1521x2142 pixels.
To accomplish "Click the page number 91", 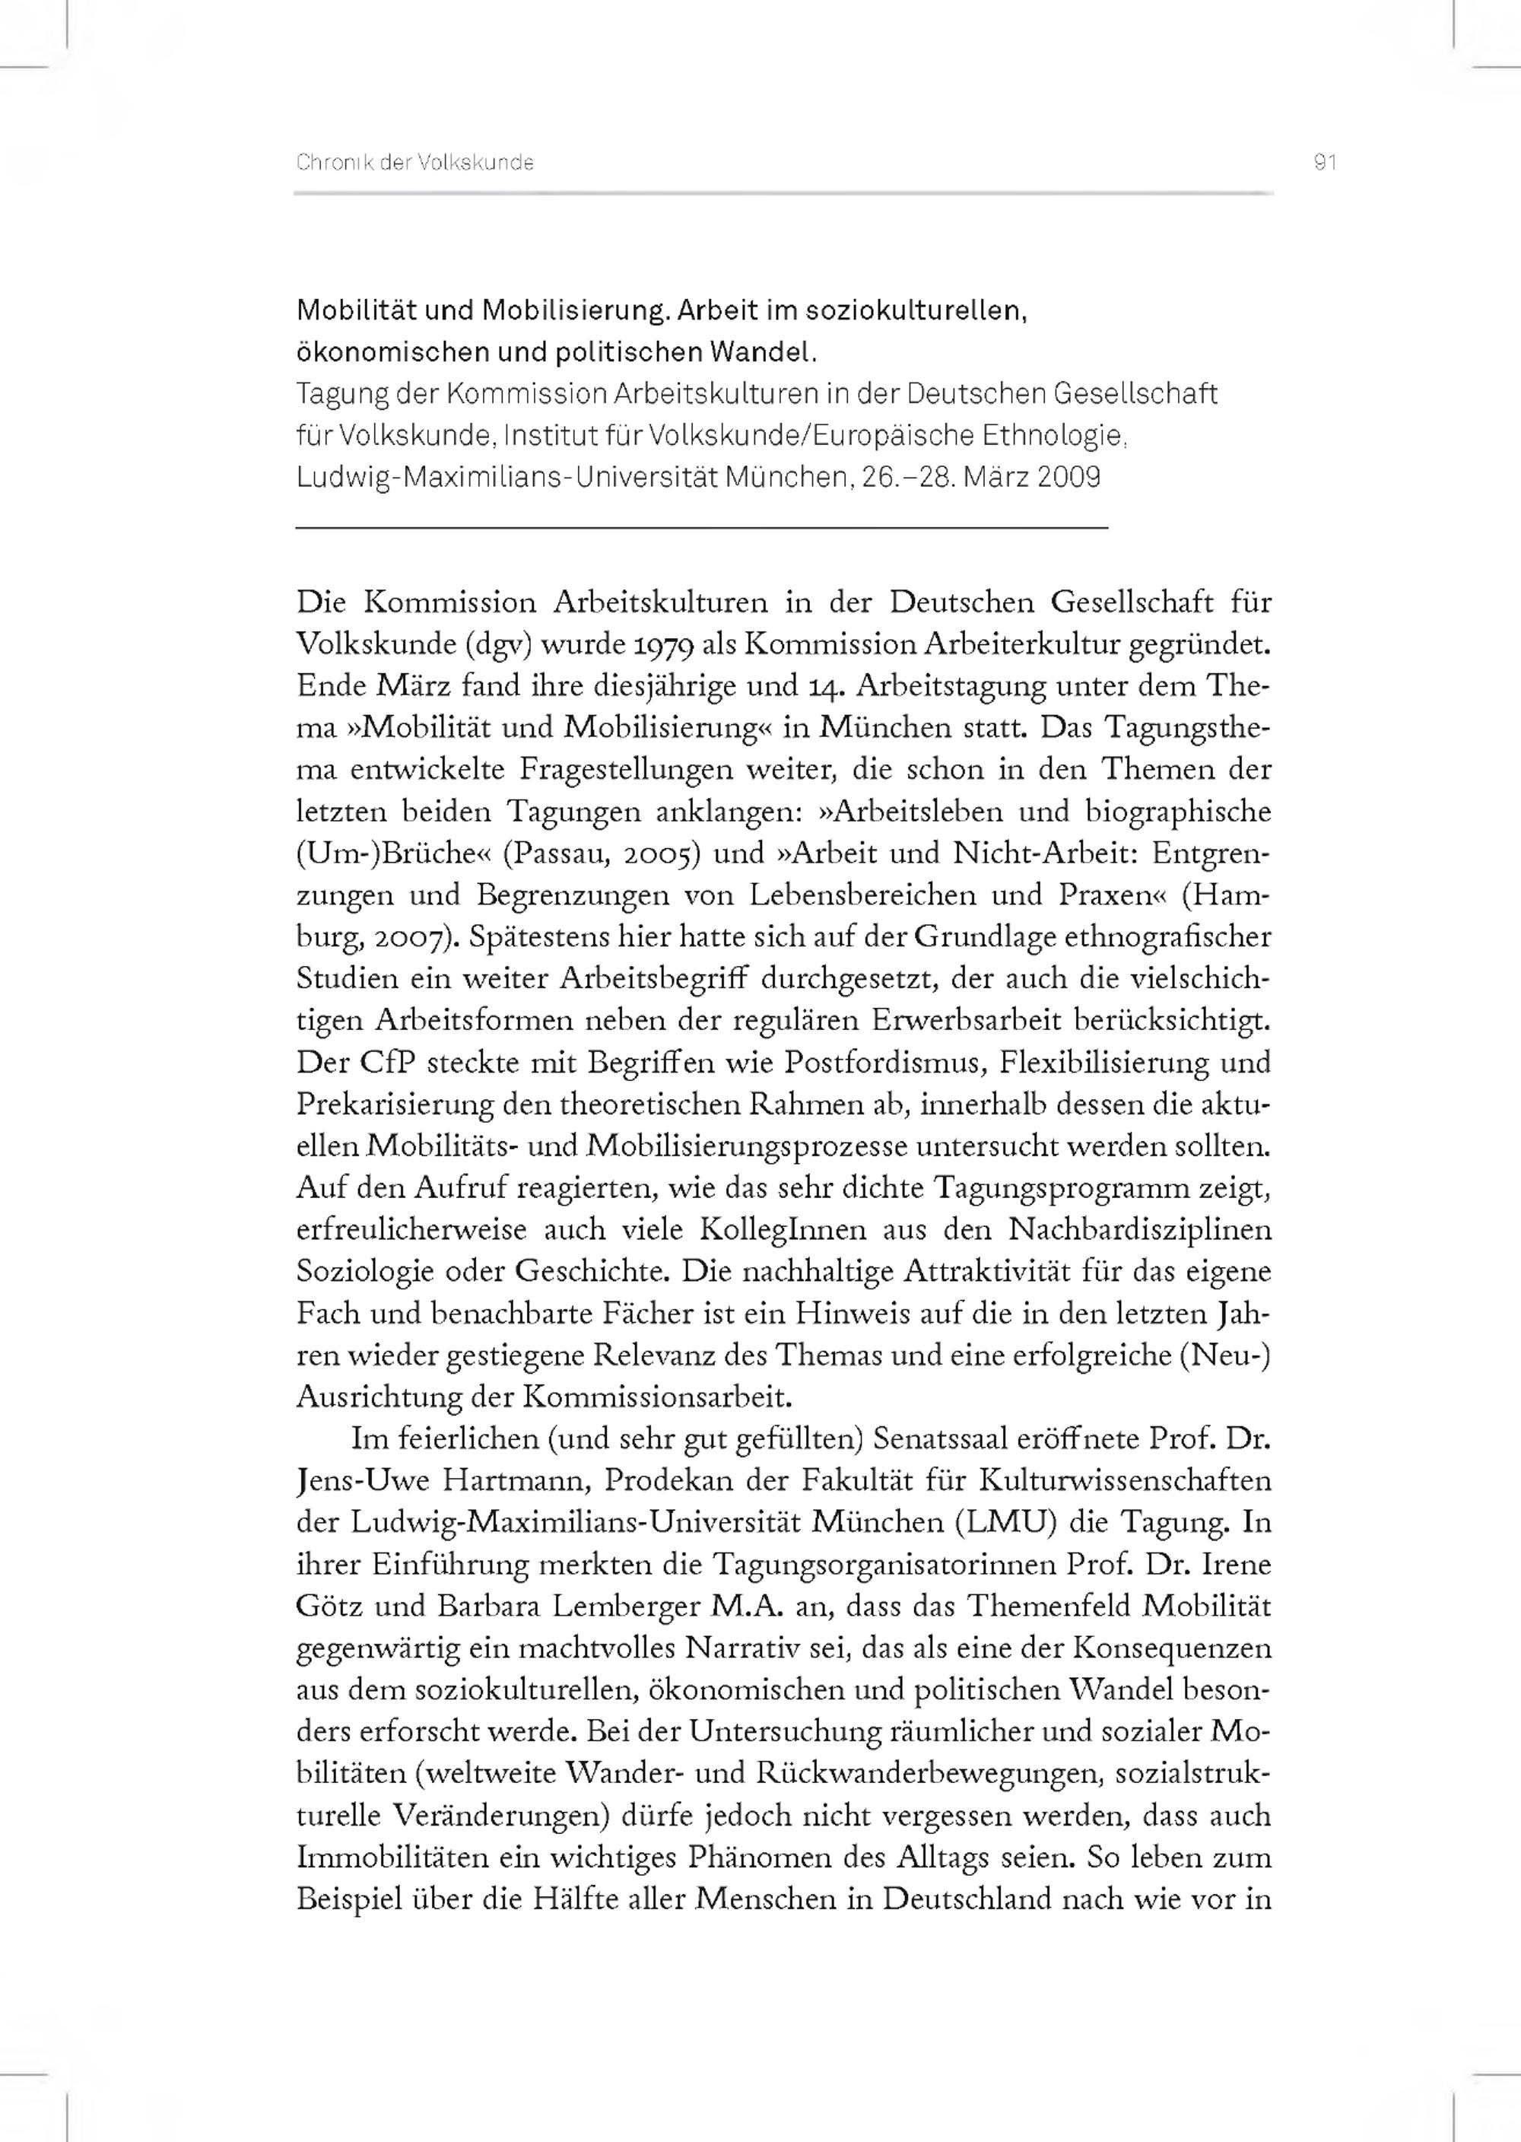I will pyautogui.click(x=1323, y=163).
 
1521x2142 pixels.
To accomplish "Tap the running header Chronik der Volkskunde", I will pyautogui.click(x=415, y=163).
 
